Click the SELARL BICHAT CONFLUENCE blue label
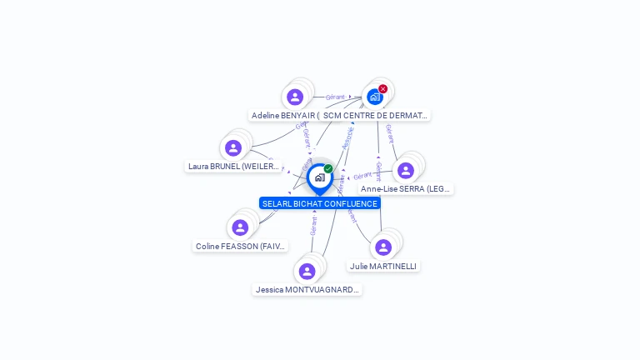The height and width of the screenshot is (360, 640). (320, 203)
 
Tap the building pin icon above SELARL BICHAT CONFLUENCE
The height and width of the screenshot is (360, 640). (319, 177)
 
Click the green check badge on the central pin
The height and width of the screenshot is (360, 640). (328, 168)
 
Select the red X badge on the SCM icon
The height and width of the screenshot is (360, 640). (382, 89)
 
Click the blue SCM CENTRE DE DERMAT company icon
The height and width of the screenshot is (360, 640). (375, 97)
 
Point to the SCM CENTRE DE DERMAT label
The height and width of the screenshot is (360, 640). (375, 116)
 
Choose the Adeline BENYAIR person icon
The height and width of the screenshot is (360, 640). (295, 97)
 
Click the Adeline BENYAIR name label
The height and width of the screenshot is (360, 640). (283, 116)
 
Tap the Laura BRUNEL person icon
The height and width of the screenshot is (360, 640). (233, 147)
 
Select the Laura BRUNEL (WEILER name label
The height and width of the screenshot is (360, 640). (233, 166)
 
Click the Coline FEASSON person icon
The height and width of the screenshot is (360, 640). (240, 227)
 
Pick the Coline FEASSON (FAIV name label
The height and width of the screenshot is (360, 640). (240, 247)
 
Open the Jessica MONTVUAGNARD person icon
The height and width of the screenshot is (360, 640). (307, 271)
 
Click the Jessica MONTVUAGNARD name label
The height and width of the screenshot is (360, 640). (307, 290)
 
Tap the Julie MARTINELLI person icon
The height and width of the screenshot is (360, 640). (383, 247)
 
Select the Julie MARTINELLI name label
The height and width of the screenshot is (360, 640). (383, 266)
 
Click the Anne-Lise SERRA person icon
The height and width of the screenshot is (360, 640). (406, 170)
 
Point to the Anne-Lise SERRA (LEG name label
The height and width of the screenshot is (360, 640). (406, 189)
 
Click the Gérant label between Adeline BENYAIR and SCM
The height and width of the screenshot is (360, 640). (335, 97)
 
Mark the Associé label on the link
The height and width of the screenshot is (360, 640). (347, 137)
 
